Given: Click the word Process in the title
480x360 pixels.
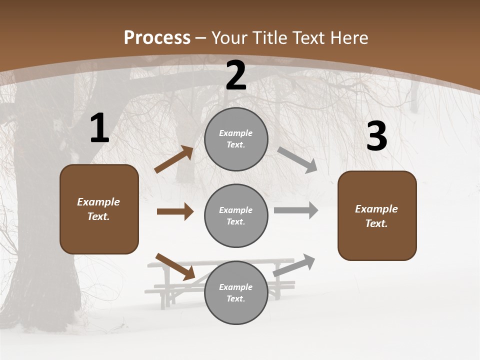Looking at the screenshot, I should (x=157, y=37).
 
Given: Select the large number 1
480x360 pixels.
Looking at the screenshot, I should (x=99, y=128).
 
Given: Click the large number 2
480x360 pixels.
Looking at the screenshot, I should (x=236, y=75).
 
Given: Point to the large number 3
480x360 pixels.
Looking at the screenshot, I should (x=376, y=136).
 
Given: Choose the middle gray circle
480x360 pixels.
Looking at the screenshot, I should (x=236, y=215).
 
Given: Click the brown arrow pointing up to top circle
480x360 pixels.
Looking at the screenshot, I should (x=174, y=159).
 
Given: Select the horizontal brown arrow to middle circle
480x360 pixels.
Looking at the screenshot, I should (x=175, y=211).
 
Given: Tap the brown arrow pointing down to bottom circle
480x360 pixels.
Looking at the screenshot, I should (x=175, y=266).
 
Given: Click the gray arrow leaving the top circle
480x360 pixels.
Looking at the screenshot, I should (x=297, y=159).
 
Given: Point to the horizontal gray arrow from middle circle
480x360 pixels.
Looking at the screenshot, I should (x=296, y=210).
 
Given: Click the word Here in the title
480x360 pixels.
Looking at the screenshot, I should (x=349, y=37).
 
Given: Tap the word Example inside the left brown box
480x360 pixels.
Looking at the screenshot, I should (x=98, y=202).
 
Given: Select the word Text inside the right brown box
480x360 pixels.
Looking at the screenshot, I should (x=376, y=223).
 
